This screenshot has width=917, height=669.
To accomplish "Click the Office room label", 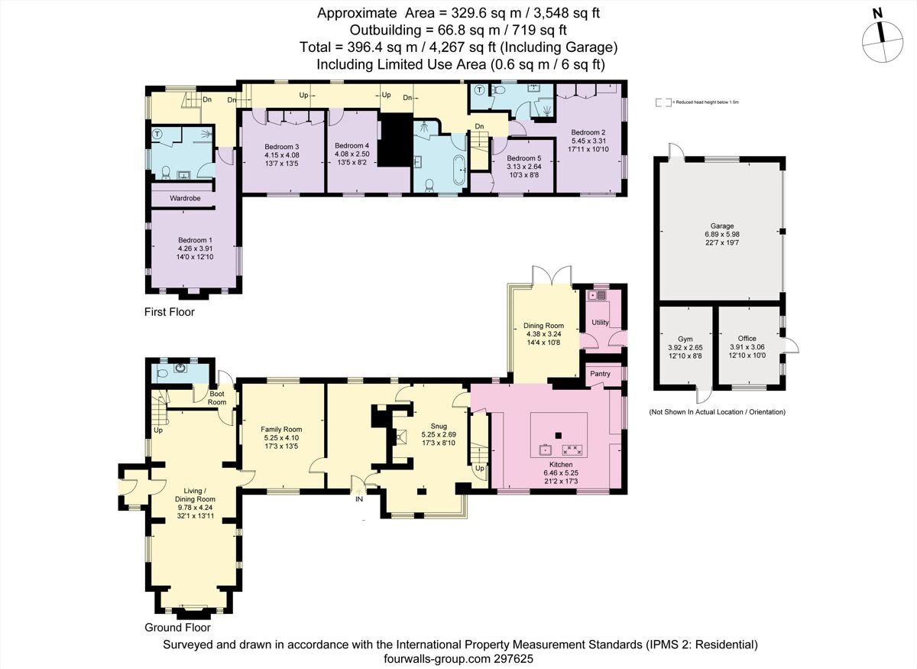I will click(747, 338).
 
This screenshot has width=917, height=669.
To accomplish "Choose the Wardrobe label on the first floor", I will click(185, 198).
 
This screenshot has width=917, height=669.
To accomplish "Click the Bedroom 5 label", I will click(523, 158).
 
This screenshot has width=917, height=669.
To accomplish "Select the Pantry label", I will click(598, 374).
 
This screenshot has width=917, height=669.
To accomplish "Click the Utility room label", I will click(601, 323).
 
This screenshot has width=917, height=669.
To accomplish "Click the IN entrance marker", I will click(359, 499).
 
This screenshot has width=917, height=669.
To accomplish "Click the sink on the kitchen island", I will click(546, 449).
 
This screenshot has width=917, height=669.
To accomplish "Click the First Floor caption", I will click(170, 312).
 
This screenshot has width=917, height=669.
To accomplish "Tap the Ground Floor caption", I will click(177, 627).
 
